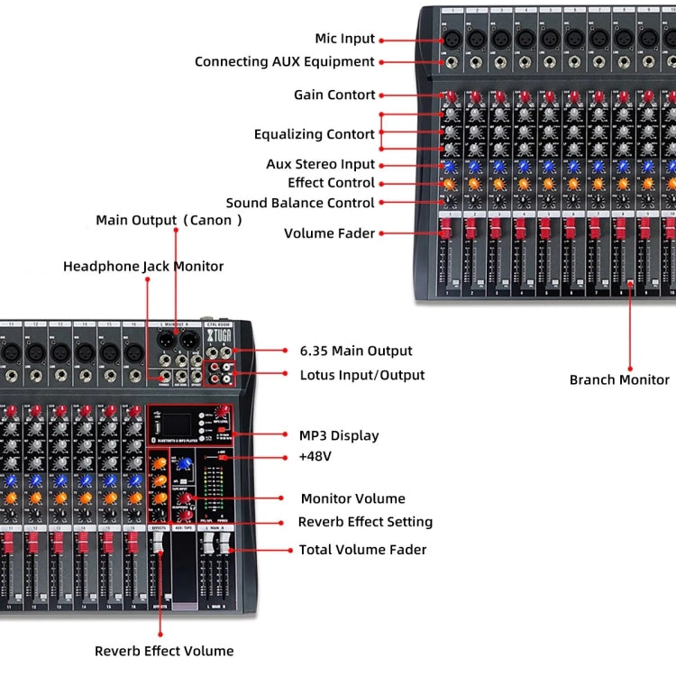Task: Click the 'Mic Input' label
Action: (x=344, y=39)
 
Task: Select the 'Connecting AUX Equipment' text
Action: (x=284, y=62)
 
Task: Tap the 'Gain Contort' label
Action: (x=334, y=95)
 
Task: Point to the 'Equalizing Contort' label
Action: (x=314, y=134)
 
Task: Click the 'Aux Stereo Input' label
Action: (x=320, y=164)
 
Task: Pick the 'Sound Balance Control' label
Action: (x=299, y=203)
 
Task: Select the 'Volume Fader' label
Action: (x=329, y=233)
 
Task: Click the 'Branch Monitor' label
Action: (x=619, y=379)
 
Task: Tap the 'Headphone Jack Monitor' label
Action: (x=143, y=266)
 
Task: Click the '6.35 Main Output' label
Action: (x=355, y=351)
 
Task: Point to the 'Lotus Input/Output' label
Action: (x=361, y=374)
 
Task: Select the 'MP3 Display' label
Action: (x=339, y=435)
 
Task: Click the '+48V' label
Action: (x=315, y=456)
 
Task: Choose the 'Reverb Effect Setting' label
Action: (x=365, y=522)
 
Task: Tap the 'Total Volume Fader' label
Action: (x=362, y=549)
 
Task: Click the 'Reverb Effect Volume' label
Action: (x=164, y=651)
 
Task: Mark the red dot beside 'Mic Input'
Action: (x=383, y=40)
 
